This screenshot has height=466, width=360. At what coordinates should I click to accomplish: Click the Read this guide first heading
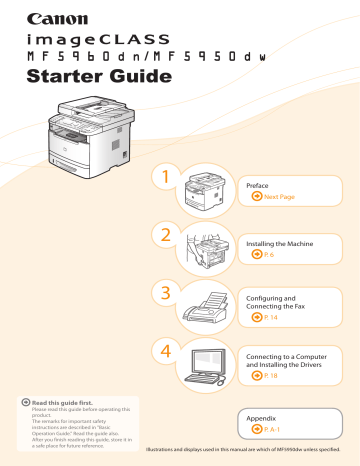57,400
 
